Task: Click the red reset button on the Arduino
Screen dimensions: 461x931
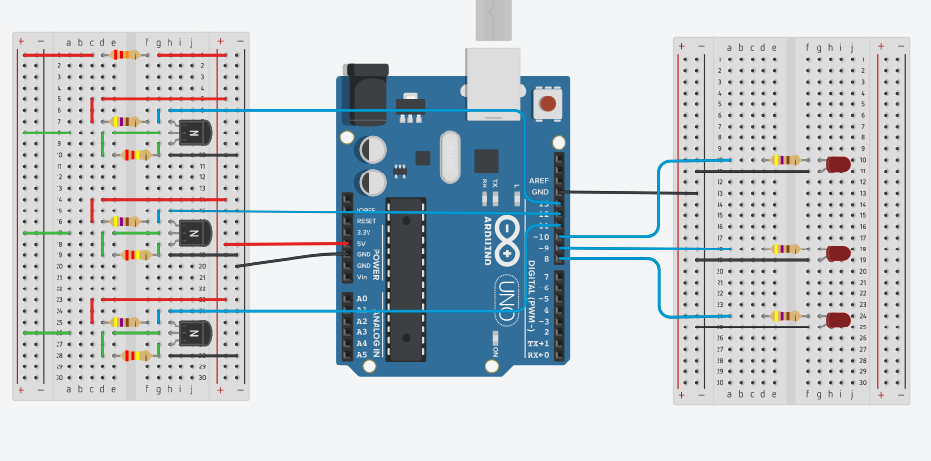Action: (548, 103)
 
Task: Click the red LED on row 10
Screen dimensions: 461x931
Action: (837, 165)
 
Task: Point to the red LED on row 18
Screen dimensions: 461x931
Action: (837, 253)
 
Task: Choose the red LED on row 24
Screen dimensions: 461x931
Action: (837, 320)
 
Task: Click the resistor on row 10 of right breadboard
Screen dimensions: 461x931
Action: (785, 160)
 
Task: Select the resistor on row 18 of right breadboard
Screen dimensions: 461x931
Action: (785, 249)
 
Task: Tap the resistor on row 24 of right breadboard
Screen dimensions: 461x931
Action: (785, 315)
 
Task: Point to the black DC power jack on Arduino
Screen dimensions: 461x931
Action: (365, 94)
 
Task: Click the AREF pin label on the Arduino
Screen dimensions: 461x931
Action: (539, 181)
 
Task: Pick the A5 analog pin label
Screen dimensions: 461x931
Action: (362, 355)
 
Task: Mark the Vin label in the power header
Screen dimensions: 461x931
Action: (362, 277)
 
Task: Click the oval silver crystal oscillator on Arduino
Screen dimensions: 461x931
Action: (448, 157)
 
